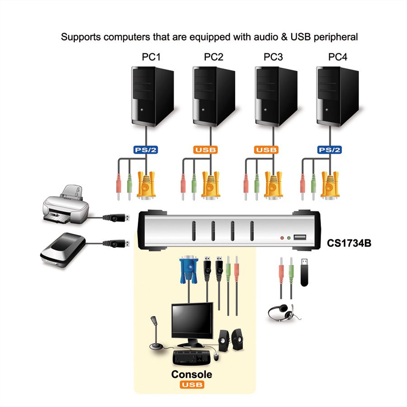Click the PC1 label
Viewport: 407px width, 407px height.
(x=151, y=57)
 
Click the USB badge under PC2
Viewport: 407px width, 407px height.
(x=206, y=150)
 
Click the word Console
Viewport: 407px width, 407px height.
(x=191, y=374)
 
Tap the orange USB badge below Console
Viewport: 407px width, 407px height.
(x=191, y=385)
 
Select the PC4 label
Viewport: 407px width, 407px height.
(x=338, y=57)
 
